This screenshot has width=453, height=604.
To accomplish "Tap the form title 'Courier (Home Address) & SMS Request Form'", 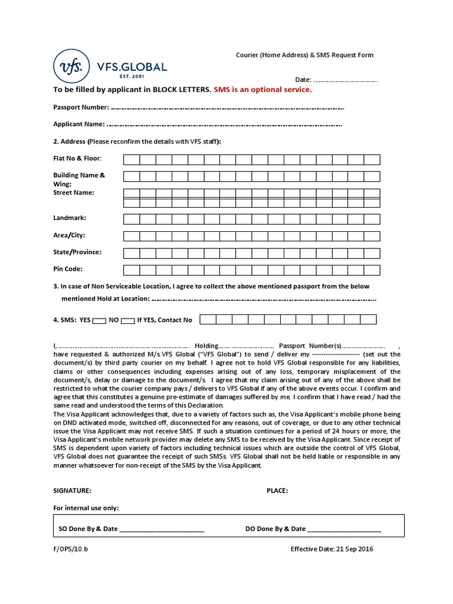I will coord(301,55).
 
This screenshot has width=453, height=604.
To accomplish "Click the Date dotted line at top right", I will coord(344,80).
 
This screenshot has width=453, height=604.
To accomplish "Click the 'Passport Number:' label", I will coord(81,107).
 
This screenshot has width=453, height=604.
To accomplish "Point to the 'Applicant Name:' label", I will coord(79,124).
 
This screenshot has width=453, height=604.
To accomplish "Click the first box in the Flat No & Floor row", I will coord(132,159).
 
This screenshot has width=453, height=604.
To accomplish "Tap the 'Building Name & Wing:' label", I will coord(79,179).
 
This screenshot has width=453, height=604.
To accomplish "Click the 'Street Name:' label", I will coord(74,192).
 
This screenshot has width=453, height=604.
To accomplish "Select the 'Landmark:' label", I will coord(70,218).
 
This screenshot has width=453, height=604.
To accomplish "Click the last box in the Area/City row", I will coord(372,236).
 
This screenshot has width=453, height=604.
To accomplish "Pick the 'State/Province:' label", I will coord(77,252).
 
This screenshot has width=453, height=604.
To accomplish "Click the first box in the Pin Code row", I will coord(132,270).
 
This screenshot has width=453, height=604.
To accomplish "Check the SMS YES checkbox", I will coord(100,320).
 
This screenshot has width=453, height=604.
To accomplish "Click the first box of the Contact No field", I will coord(208,320).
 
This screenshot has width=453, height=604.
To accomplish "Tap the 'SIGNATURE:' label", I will coord(73,490).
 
